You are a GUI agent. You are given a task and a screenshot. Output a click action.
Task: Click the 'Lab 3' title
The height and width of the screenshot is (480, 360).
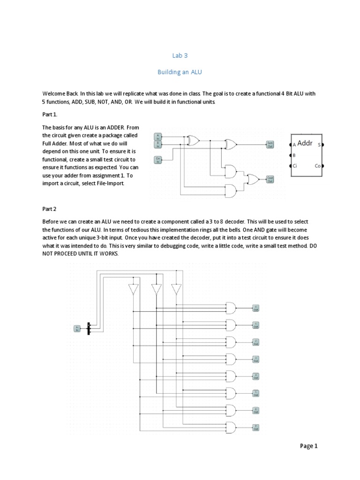(180, 55)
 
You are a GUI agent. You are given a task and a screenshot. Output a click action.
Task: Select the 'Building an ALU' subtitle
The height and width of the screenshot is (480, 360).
(180, 73)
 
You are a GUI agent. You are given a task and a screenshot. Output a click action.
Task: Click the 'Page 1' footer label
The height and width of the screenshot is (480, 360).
(309, 446)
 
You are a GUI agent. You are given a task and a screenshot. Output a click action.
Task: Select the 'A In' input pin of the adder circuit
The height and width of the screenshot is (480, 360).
(158, 136)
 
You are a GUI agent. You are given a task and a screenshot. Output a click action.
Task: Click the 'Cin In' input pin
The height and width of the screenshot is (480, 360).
(158, 160)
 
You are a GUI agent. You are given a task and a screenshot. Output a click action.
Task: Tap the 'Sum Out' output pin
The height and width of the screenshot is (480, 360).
(270, 144)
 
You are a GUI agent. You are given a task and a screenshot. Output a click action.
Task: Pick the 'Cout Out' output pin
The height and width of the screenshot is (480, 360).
(270, 179)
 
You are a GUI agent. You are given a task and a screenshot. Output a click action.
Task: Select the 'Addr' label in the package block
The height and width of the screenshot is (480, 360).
(305, 143)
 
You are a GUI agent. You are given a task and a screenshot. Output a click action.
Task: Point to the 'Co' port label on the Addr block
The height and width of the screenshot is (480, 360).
(317, 165)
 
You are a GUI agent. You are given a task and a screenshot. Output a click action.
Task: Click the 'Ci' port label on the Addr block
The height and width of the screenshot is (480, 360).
(295, 165)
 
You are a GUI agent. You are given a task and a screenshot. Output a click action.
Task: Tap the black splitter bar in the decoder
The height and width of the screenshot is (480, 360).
(89, 329)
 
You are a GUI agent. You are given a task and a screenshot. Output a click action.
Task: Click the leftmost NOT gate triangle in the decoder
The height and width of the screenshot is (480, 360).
(134, 290)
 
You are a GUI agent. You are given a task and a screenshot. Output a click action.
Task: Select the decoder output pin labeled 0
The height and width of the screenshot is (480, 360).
(256, 308)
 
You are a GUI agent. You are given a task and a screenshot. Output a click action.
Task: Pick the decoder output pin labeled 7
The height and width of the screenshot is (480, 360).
(256, 427)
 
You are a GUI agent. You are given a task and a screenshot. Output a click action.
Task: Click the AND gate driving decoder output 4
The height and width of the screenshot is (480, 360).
(231, 376)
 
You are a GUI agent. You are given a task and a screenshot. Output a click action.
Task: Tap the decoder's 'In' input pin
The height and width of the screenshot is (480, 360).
(77, 329)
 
